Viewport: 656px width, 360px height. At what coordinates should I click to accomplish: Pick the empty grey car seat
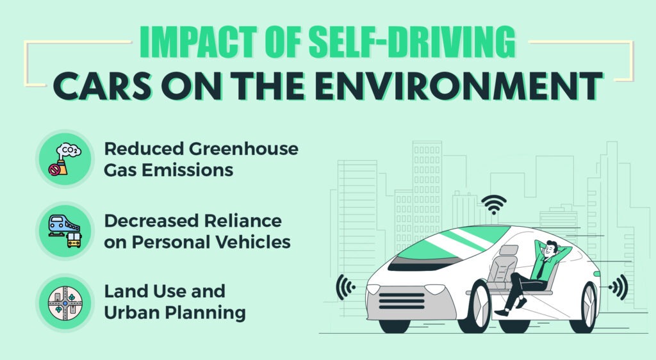click(504, 266)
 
